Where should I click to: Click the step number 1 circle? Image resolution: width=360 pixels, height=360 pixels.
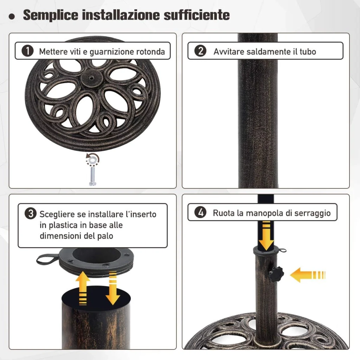pos(27,51)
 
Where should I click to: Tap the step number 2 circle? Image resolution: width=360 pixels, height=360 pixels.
pos(200,51)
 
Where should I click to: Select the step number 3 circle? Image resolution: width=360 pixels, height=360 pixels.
pos(31,213)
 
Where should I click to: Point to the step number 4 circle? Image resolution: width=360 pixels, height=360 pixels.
pos(200,212)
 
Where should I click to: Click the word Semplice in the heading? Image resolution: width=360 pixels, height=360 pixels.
pos(51,15)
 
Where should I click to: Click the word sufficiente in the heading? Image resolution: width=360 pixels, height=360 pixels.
pos(197,15)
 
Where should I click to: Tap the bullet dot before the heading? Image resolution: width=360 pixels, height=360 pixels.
pos(12,17)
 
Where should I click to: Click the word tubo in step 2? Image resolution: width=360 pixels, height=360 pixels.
pos(308,52)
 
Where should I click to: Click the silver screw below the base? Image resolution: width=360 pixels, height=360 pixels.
pos(92,176)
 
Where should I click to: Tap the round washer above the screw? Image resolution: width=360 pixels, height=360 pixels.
pos(92,160)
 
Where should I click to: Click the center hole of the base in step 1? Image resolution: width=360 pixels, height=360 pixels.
pos(91,78)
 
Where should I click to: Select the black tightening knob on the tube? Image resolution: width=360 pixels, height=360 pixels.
pos(276,274)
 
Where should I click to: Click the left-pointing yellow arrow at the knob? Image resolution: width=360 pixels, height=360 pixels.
pos(308,275)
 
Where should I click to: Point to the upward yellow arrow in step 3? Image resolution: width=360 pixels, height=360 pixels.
pos(83,288)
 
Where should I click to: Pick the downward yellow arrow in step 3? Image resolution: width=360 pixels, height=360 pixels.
pos(113,288)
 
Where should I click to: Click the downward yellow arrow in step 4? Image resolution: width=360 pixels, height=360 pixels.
pos(266,236)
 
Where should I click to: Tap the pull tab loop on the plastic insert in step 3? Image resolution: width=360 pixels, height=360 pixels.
pos(46,259)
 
